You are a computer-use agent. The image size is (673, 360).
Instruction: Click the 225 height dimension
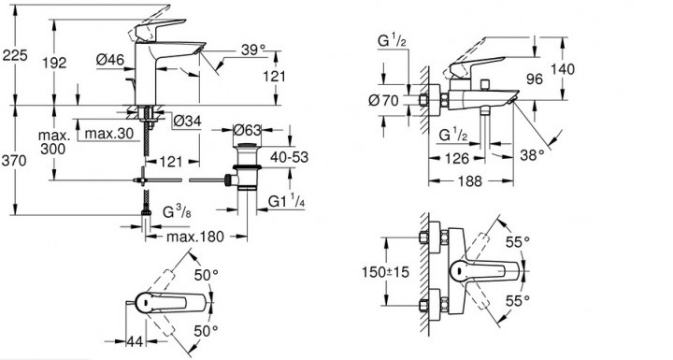15,55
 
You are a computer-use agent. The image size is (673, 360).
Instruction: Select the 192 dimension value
54,63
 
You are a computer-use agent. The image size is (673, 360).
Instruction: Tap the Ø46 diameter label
110,59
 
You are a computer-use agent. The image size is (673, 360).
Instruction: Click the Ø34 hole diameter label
187,122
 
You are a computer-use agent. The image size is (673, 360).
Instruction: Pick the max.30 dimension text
109,133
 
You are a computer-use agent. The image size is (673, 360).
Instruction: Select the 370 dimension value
14,161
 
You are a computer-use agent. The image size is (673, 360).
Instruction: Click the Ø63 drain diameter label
247,129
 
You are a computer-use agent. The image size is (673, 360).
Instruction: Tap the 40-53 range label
289,157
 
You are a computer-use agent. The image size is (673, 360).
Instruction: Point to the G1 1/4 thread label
286,201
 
